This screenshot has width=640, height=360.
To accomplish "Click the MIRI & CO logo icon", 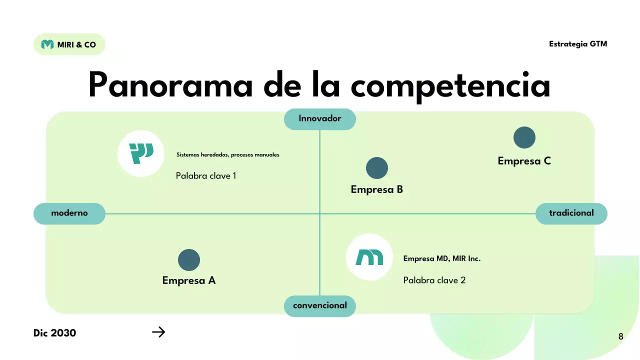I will click(47, 44).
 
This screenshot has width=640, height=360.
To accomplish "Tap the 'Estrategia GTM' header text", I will click(578, 44).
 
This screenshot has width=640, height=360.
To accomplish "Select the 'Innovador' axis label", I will click(320, 119).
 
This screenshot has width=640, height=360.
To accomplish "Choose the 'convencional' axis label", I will click(320, 305).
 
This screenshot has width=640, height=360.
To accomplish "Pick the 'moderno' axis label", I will click(69, 213).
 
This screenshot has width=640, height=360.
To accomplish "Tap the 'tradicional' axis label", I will click(571, 213).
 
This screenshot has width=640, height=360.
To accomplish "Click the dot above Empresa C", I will click(524, 137).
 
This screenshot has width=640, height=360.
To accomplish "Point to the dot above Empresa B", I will click(377, 168).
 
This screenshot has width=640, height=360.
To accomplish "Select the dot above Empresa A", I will click(189, 260).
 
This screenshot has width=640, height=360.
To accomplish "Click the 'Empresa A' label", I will click(189, 280).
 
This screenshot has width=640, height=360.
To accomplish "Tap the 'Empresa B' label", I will click(377, 190).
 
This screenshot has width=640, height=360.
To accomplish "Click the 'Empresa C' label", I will click(524, 161).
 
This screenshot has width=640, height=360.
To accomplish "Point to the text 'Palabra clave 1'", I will click(206, 176).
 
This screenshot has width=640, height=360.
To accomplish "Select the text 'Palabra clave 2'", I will click(434, 280).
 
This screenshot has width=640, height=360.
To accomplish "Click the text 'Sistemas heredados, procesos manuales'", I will click(228, 155).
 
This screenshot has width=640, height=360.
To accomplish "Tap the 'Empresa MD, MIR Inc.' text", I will click(442, 259).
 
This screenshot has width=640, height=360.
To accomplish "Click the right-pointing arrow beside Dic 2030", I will click(158, 332).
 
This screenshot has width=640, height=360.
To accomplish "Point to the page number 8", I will click(621, 336).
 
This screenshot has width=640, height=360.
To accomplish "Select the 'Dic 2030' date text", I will click(55, 333).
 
